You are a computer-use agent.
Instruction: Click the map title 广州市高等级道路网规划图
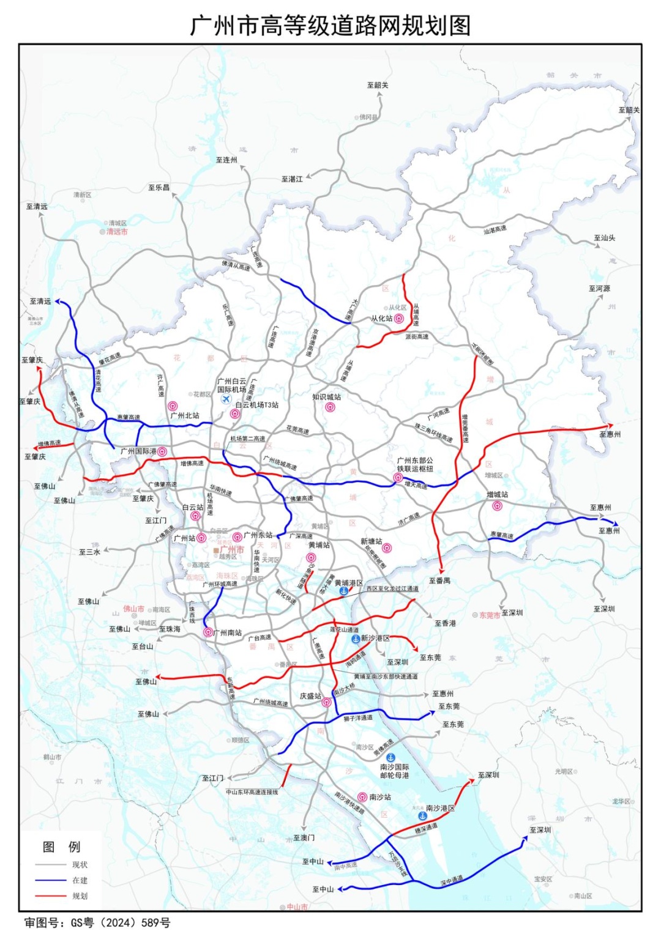coord(330,26)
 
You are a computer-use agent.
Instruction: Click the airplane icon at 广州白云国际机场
coord(226,399)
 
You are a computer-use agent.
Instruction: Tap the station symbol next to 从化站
coord(399,319)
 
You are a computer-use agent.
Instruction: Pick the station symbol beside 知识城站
coord(330,407)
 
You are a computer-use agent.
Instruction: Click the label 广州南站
coord(227,633)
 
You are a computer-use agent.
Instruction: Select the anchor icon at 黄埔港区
coord(344,591)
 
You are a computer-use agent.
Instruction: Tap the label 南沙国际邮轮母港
coord(395,771)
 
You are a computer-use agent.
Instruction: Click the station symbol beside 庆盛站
coord(327,702)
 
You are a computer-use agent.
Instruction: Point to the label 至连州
coord(226,160)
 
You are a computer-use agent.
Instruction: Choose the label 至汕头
coord(604,238)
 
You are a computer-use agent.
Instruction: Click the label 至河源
coord(599,289)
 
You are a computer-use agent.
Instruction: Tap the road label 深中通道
coord(452,881)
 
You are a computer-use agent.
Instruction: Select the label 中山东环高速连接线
coord(252,792)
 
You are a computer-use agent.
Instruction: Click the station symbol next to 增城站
coord(497,505)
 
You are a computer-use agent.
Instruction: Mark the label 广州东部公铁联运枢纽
coord(414,464)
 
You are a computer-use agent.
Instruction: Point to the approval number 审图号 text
coord(97,922)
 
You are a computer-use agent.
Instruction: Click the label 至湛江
coord(292,179)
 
